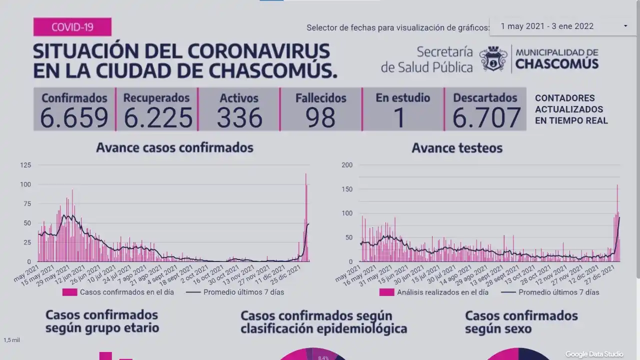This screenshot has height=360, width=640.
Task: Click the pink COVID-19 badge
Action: (x=72, y=27)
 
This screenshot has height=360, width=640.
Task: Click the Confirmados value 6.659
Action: (x=74, y=117)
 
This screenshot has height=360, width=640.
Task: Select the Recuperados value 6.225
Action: (x=157, y=117)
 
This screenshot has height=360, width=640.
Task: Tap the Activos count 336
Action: (x=239, y=117)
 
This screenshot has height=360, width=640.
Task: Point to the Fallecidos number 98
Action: (x=321, y=117)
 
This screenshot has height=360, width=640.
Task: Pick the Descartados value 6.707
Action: (x=486, y=117)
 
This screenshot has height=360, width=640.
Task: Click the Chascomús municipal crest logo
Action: (x=493, y=59)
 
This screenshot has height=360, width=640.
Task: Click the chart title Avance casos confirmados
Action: (x=174, y=147)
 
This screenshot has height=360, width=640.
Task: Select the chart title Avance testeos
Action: (x=457, y=148)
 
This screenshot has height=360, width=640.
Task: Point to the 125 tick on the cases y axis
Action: (x=25, y=165)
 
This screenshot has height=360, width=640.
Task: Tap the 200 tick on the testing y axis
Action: (x=346, y=165)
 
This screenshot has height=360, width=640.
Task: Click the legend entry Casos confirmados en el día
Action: (x=118, y=292)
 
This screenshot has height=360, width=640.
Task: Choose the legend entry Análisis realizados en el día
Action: (x=434, y=292)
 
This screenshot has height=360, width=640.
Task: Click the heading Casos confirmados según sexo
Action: (x=521, y=322)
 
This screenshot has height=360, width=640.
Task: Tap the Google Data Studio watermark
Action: (x=594, y=354)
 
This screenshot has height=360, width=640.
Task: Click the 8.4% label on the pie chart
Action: (x=323, y=357)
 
